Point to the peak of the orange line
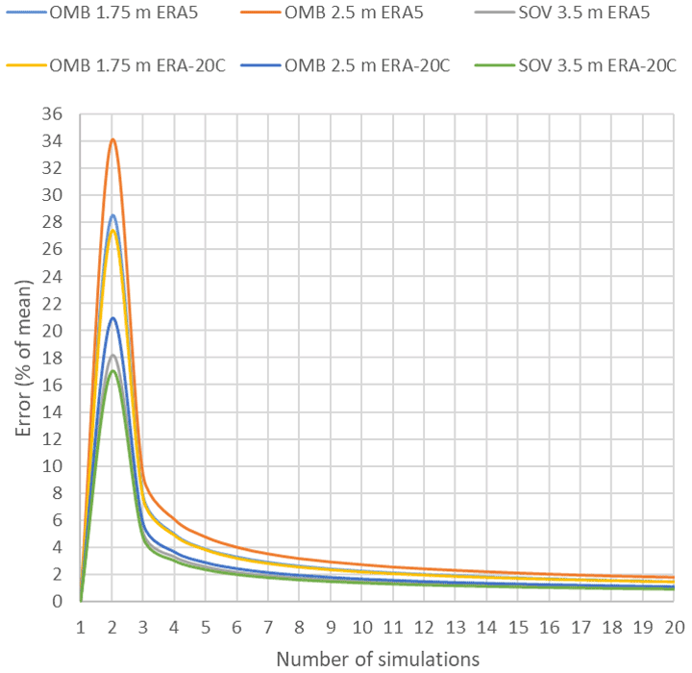pos(112,139)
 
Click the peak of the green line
pos(112,371)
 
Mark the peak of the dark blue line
pos(112,317)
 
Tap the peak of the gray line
pos(112,355)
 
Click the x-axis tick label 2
pos(112,628)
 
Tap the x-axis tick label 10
pos(362,628)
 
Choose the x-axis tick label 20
pos(675,628)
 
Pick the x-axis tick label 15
pos(519,628)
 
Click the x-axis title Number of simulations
pos(378,659)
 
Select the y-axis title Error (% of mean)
pos(23,357)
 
